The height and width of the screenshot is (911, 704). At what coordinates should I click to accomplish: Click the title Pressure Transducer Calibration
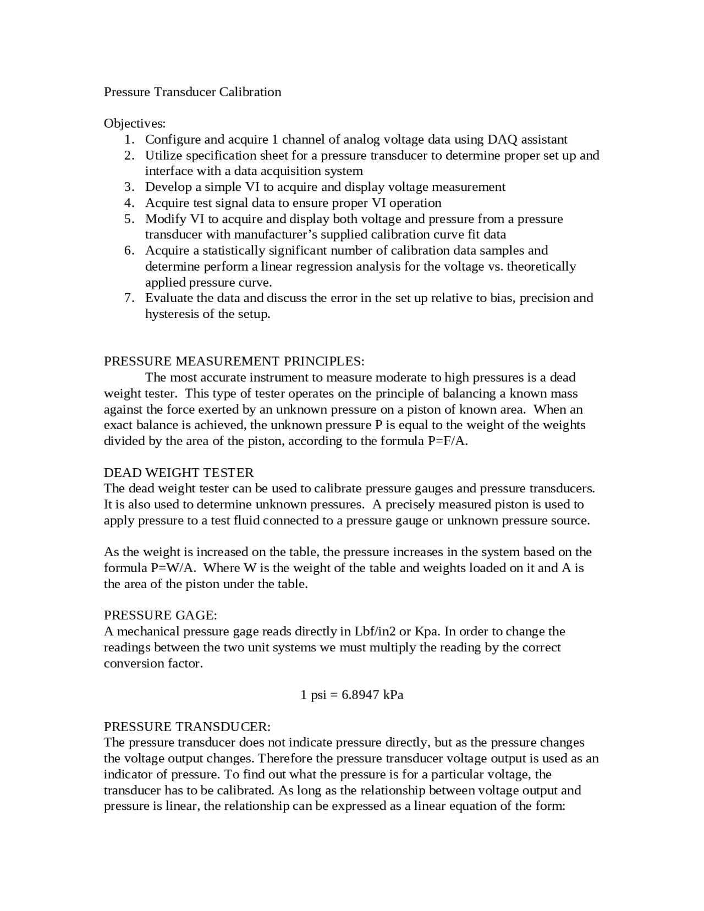point(193,92)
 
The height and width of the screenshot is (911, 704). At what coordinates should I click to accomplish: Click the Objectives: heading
point(135,123)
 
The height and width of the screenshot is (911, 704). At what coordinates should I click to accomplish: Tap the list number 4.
point(129,203)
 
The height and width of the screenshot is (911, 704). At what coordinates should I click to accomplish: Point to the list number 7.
point(129,298)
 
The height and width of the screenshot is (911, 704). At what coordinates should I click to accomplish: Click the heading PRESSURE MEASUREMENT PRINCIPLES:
point(234,361)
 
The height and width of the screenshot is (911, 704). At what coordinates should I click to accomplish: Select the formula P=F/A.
point(447,441)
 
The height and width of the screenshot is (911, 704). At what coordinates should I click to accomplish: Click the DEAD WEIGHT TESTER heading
point(179,473)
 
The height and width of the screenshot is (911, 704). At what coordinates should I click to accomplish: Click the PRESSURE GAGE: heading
point(161,615)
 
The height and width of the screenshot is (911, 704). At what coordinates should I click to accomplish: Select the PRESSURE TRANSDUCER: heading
point(187,727)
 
